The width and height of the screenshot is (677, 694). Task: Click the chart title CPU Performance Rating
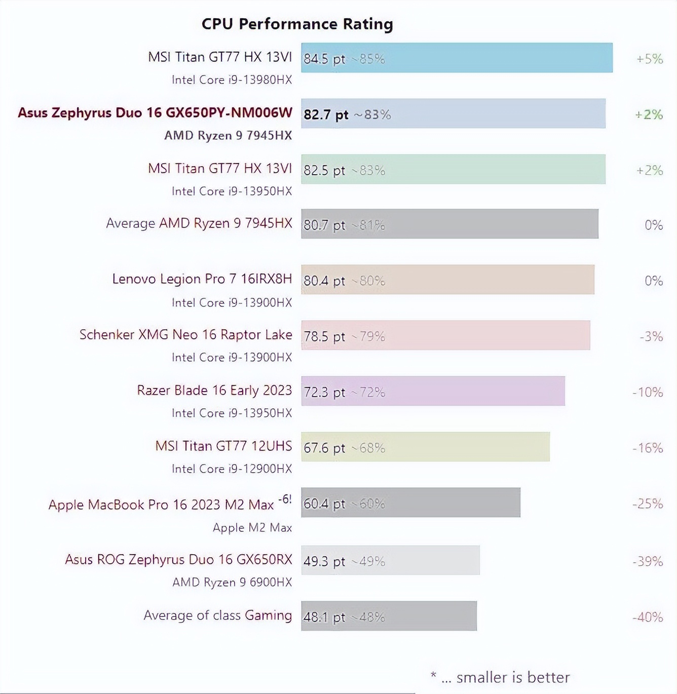297,24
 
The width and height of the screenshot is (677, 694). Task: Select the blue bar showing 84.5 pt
456,58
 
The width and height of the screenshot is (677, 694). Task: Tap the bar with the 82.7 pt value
453,113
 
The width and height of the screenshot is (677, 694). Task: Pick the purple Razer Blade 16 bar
432,391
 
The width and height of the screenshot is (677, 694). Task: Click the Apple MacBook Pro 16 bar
410,503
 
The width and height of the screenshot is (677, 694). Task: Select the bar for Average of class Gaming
388,616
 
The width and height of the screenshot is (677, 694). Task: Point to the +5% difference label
649,59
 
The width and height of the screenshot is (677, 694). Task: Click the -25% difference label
647,504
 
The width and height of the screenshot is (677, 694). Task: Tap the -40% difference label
647,617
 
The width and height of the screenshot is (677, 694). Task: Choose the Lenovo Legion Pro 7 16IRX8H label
202,279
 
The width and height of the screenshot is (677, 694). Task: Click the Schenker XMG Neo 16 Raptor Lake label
185,334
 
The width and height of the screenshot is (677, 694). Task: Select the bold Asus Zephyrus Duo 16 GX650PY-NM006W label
155,112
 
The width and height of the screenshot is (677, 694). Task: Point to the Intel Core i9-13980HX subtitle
232,80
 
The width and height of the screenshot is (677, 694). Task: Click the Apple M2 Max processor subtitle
252,527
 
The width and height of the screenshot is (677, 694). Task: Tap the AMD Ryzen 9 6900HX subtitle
232,582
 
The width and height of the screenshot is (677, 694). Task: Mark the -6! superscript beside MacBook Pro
285,499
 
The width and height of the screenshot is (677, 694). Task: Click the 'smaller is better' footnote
512,677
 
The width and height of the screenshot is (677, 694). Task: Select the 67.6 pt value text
324,448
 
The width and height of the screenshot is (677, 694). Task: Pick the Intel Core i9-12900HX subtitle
232,469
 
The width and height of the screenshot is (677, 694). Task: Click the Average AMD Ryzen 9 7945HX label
199,223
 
